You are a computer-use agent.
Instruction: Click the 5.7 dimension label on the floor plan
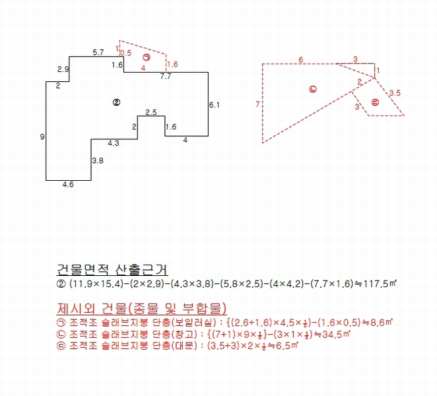(98, 52)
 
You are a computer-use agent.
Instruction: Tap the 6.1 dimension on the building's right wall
(215, 105)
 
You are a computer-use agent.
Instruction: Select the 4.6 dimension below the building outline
(68, 184)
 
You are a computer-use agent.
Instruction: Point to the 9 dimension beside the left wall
(42, 137)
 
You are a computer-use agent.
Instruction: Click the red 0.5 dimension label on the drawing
(125, 53)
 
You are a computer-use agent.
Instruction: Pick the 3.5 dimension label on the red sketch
(395, 93)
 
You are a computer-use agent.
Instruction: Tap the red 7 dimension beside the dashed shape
(257, 104)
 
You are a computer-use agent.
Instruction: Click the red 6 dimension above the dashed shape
(301, 59)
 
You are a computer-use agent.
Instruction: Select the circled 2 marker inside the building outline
(116, 102)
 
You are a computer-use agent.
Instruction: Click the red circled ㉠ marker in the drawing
(147, 57)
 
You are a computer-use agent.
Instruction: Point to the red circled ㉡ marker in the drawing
(313, 89)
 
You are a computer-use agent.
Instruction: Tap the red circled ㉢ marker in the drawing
(376, 102)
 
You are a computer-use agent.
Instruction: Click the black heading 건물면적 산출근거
(112, 269)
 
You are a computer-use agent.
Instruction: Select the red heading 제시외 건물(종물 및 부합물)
(141, 308)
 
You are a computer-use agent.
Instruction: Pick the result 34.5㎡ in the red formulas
(336, 334)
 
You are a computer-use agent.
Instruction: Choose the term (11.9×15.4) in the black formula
(96, 284)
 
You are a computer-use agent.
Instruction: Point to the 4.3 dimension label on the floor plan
(114, 143)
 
